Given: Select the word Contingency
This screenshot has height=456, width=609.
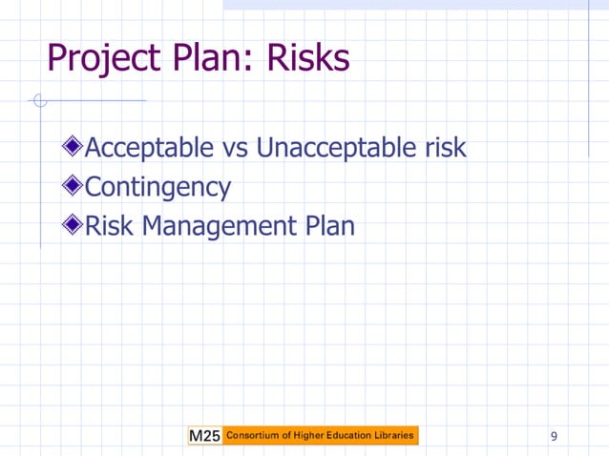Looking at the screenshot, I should tap(157, 188).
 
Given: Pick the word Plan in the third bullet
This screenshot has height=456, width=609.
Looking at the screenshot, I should tap(330, 227).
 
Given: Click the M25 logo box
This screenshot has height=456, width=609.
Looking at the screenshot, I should tap(205, 436).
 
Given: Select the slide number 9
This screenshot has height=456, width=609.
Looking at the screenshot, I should tap(555, 437).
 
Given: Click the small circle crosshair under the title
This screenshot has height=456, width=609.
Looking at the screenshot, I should tap(38, 100).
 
